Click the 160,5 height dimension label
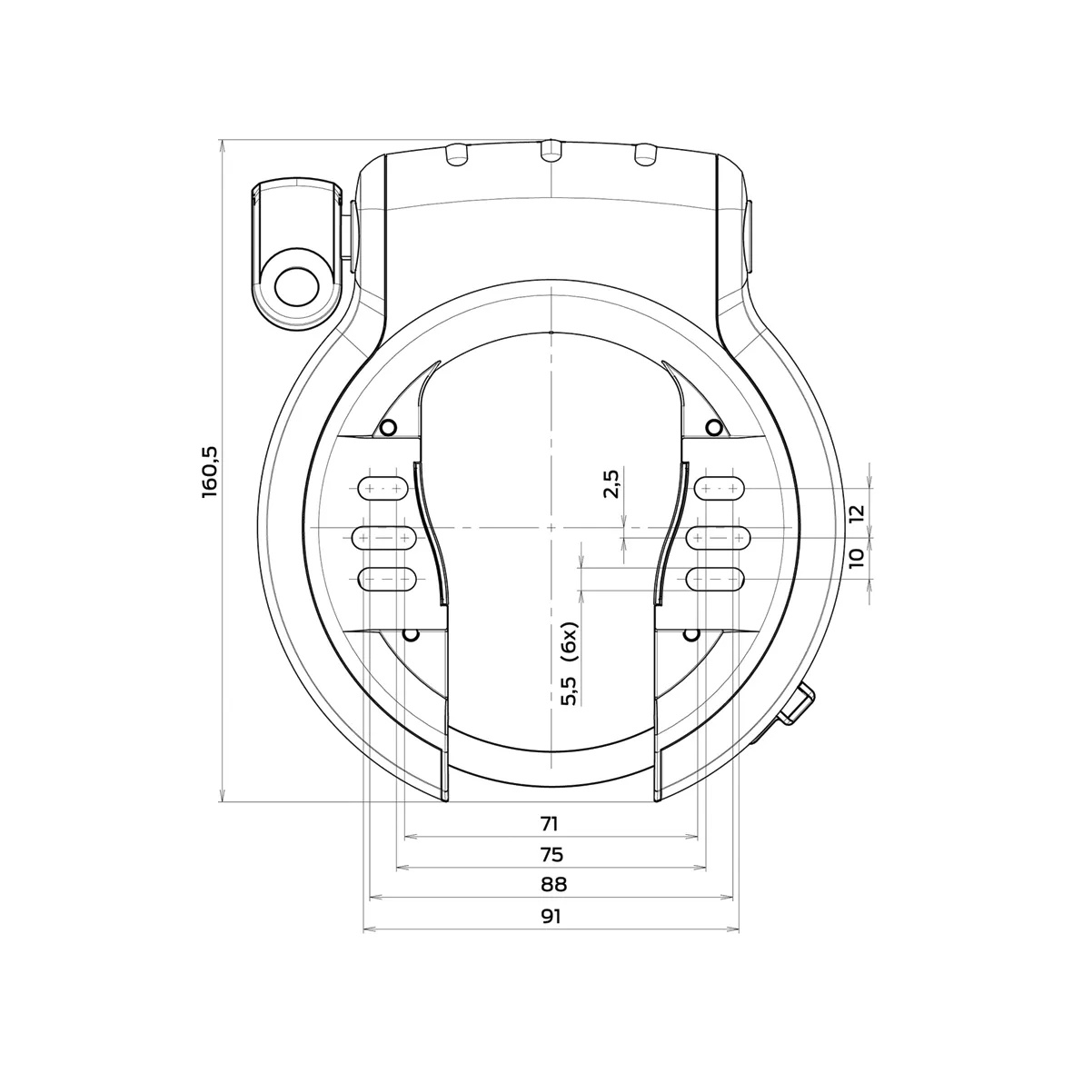pos(211,470)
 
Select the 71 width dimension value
pos(549,824)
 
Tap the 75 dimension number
pos(551,854)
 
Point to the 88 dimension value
pos(551,884)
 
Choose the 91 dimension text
pos(551,916)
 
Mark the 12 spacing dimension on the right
pos(854,513)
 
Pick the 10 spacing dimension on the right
pos(854,558)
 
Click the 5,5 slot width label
pos(570,690)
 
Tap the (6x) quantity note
pos(570,642)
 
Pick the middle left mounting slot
pos(385,539)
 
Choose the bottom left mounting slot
pos(388,578)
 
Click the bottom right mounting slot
pos(718,578)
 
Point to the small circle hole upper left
pos(388,428)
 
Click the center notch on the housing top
pos(550,152)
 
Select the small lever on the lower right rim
pos(797,706)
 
